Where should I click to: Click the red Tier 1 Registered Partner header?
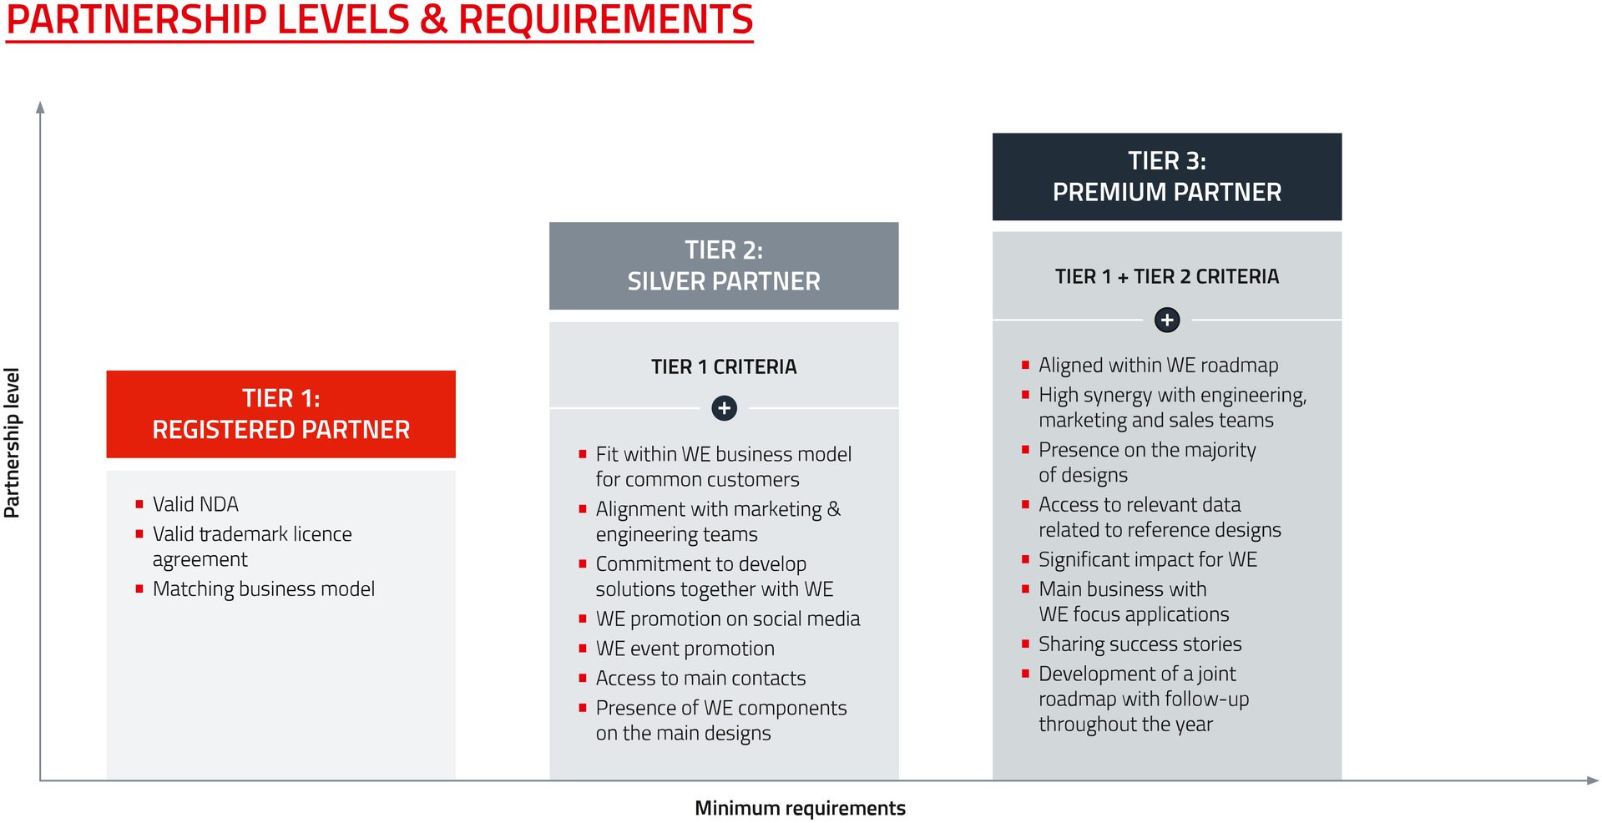tap(280, 414)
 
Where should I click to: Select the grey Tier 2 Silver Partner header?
tap(724, 265)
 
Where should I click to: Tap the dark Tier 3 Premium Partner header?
tap(1166, 176)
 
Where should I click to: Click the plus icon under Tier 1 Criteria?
tap(724, 408)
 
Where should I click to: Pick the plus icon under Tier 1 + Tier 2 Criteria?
tap(1166, 320)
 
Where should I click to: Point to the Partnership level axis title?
tap(12, 443)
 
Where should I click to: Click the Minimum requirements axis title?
tap(800, 808)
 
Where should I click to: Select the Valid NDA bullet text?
tap(195, 504)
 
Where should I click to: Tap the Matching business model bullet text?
tap(264, 589)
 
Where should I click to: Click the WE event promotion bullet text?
tap(685, 649)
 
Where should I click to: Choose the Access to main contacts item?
tap(700, 678)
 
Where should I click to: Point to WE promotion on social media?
tap(728, 619)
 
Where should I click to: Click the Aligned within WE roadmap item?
tap(1159, 366)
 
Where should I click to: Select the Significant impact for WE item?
tap(1148, 559)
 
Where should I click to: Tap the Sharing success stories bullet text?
tap(1140, 644)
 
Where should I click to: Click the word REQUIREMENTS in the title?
tap(606, 19)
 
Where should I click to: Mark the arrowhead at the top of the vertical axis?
tap(40, 107)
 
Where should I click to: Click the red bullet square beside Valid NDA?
tap(139, 504)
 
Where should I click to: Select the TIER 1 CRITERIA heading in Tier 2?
tap(724, 366)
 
